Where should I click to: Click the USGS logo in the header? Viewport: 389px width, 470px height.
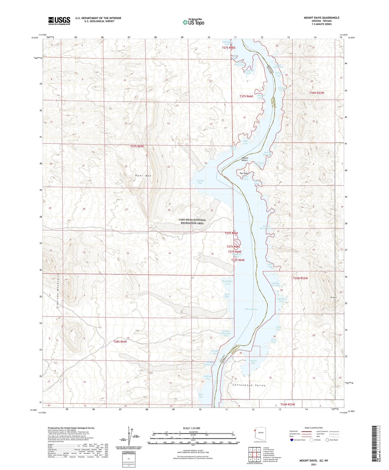coord(59,21)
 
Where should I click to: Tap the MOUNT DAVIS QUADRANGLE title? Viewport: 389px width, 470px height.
coord(321,18)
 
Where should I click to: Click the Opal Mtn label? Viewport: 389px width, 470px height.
coord(143,176)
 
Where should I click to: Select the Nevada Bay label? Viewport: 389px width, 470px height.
coord(196,182)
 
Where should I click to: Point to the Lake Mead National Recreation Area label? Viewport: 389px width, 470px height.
coord(192,221)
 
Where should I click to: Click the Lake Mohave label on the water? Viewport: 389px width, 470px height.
coord(251,309)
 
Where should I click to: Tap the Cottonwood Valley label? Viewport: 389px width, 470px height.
coord(249,385)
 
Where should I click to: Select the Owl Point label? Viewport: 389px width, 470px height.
coord(244,173)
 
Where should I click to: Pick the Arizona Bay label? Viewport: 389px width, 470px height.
coord(253,362)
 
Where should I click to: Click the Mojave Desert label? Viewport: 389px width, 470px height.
coord(244,159)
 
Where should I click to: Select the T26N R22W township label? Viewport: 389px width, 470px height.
coord(316,93)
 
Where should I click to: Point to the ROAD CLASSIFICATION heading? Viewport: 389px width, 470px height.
coord(314,428)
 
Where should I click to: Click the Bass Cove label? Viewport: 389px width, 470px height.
coord(201,396)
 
